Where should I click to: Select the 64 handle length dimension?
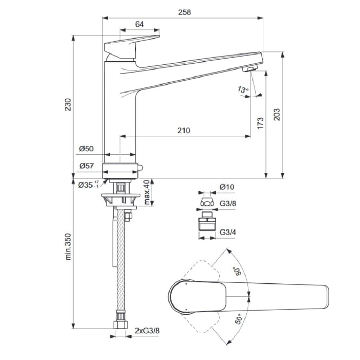click(x=139, y=24)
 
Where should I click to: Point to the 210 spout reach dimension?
click(x=184, y=130)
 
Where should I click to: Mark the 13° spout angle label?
click(x=242, y=90)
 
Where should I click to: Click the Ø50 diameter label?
click(x=86, y=149)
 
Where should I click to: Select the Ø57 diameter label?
click(x=86, y=166)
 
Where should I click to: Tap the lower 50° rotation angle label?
click(x=238, y=320)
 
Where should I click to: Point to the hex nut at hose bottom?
click(x=119, y=326)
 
